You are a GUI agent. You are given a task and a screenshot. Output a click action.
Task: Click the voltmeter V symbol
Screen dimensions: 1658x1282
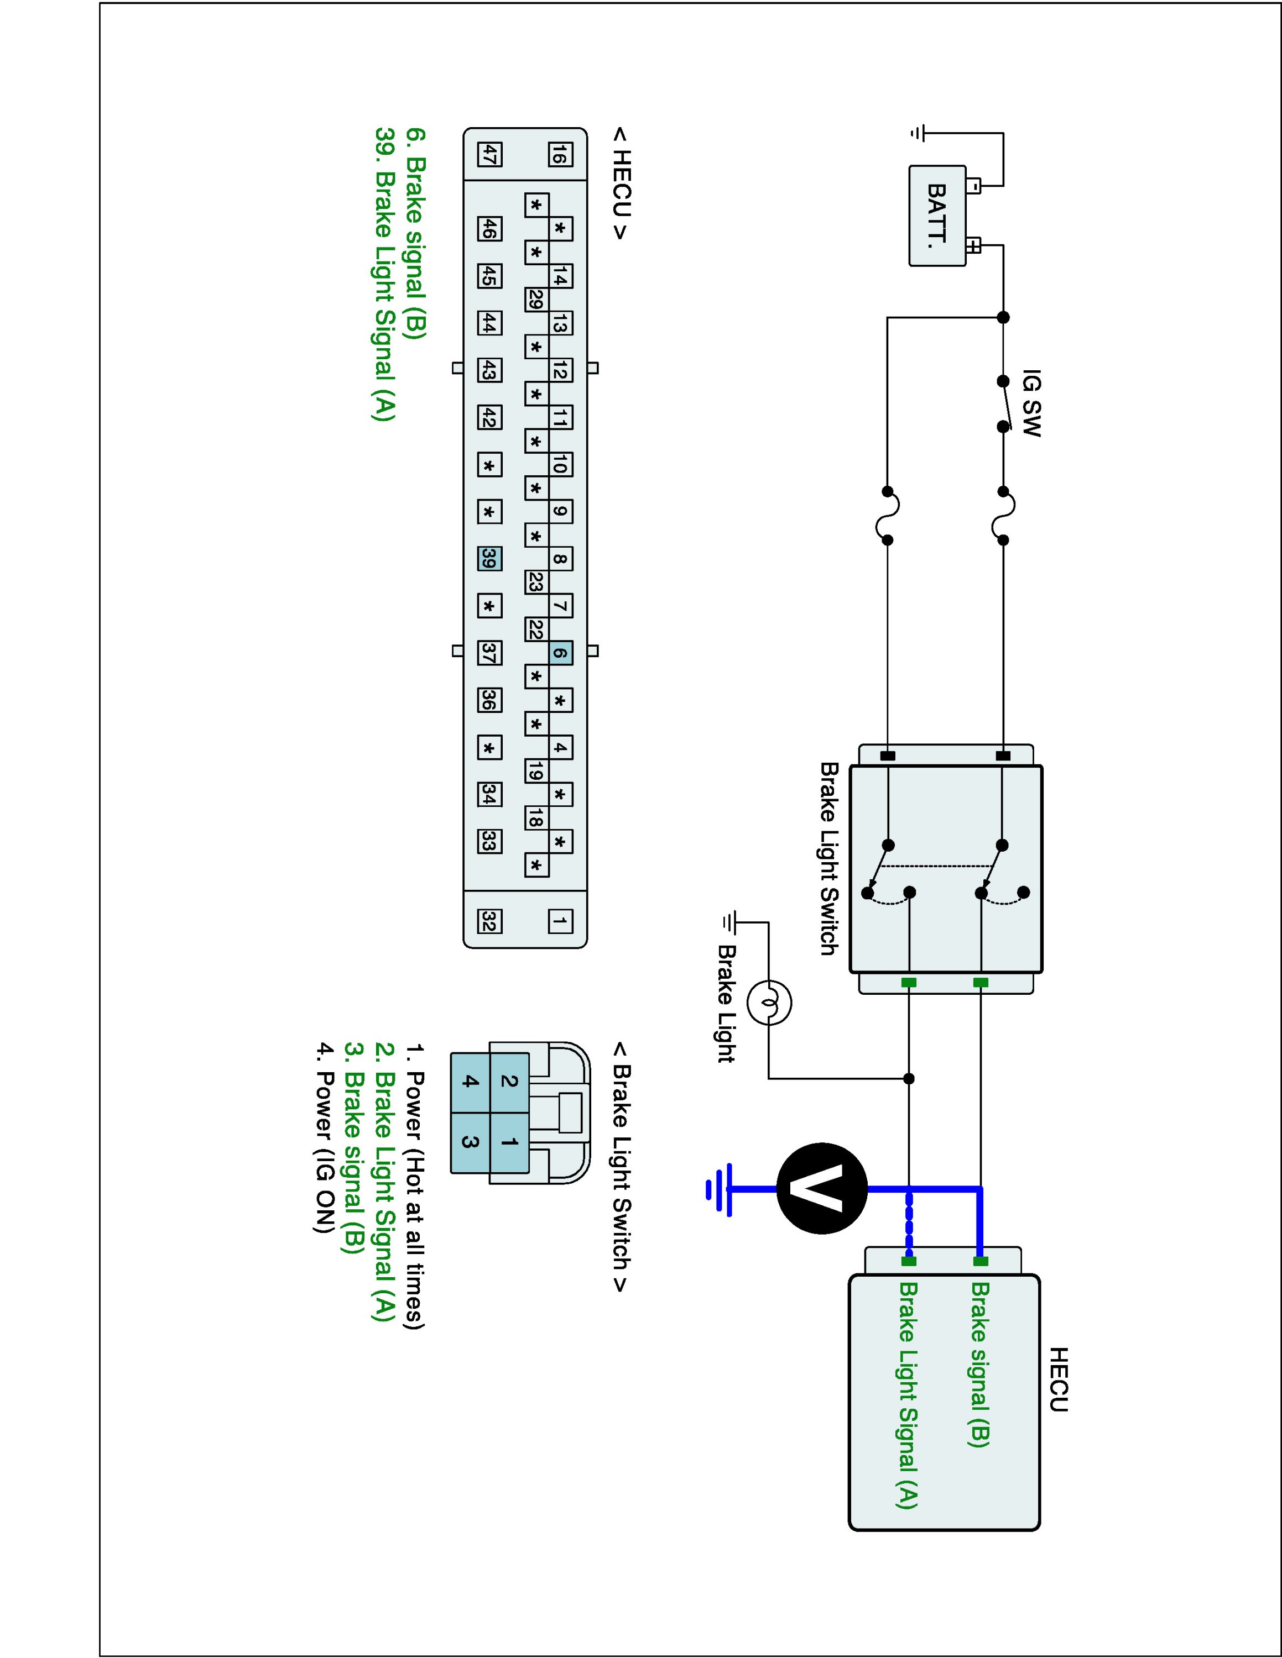point(822,1189)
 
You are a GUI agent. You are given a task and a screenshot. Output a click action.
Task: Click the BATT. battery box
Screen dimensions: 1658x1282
point(937,216)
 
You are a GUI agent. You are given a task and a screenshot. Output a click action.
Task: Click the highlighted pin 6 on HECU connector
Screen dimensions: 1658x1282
point(560,653)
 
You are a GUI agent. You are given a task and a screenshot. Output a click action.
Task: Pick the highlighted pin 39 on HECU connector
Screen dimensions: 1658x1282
point(489,559)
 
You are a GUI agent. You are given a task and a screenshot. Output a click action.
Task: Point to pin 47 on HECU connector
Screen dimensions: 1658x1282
point(489,155)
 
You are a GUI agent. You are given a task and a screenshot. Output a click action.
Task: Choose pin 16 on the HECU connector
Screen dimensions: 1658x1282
point(560,155)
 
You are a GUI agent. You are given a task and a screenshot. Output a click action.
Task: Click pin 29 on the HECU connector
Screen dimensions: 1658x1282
point(535,300)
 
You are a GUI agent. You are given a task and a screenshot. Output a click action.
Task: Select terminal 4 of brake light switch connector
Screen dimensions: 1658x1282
point(471,1082)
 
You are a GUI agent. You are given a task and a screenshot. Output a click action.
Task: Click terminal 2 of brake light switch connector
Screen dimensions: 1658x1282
point(509,1082)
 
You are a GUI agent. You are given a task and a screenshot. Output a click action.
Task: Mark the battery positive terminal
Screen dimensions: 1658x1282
point(973,245)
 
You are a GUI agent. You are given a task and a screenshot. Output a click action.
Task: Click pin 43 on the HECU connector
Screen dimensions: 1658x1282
point(489,370)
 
